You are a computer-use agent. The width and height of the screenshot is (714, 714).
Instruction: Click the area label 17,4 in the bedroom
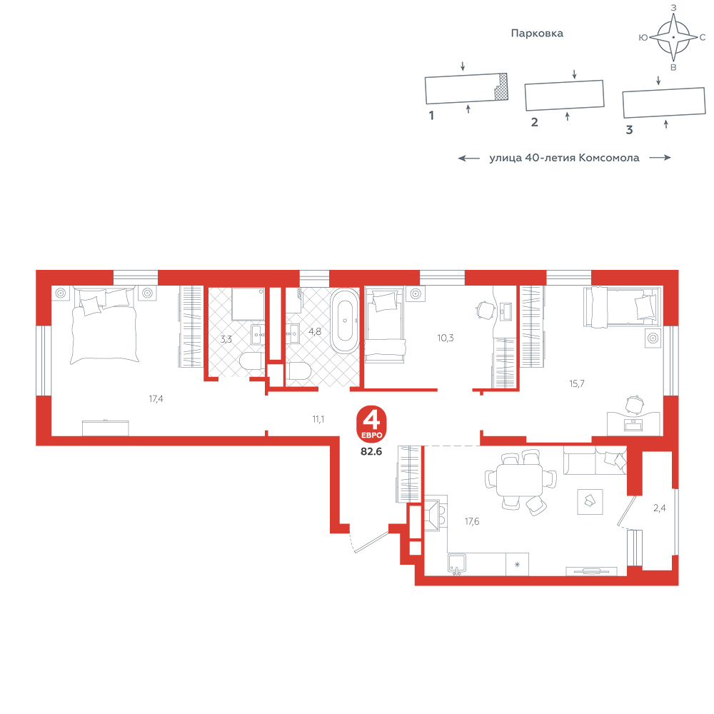(156, 399)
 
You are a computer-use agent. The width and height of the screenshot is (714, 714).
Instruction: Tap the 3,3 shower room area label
(226, 339)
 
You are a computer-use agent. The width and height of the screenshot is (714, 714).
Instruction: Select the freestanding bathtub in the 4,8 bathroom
(345, 321)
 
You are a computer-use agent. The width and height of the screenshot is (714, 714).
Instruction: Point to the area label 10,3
(446, 338)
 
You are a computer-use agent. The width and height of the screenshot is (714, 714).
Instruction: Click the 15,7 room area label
(576, 383)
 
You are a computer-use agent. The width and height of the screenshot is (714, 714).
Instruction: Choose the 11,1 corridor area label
(318, 419)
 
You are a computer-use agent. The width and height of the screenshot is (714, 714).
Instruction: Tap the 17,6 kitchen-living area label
(472, 521)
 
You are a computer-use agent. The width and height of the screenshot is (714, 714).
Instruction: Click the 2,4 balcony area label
(659, 508)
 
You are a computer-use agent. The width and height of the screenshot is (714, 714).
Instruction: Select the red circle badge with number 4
(371, 424)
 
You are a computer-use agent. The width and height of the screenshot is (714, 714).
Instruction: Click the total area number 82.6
(371, 451)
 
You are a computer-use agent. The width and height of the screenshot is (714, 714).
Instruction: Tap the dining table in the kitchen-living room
(520, 480)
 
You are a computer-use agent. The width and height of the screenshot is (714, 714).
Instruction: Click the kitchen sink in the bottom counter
(457, 564)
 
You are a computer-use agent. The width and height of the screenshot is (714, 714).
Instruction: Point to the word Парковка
(537, 34)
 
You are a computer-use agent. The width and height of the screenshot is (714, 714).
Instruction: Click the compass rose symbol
(673, 37)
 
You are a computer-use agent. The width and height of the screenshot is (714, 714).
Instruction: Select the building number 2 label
(535, 122)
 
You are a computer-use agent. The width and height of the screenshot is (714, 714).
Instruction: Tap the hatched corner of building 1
(502, 86)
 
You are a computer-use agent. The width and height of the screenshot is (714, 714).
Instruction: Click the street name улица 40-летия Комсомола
(564, 158)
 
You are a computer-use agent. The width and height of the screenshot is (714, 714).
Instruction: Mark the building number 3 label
(629, 130)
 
